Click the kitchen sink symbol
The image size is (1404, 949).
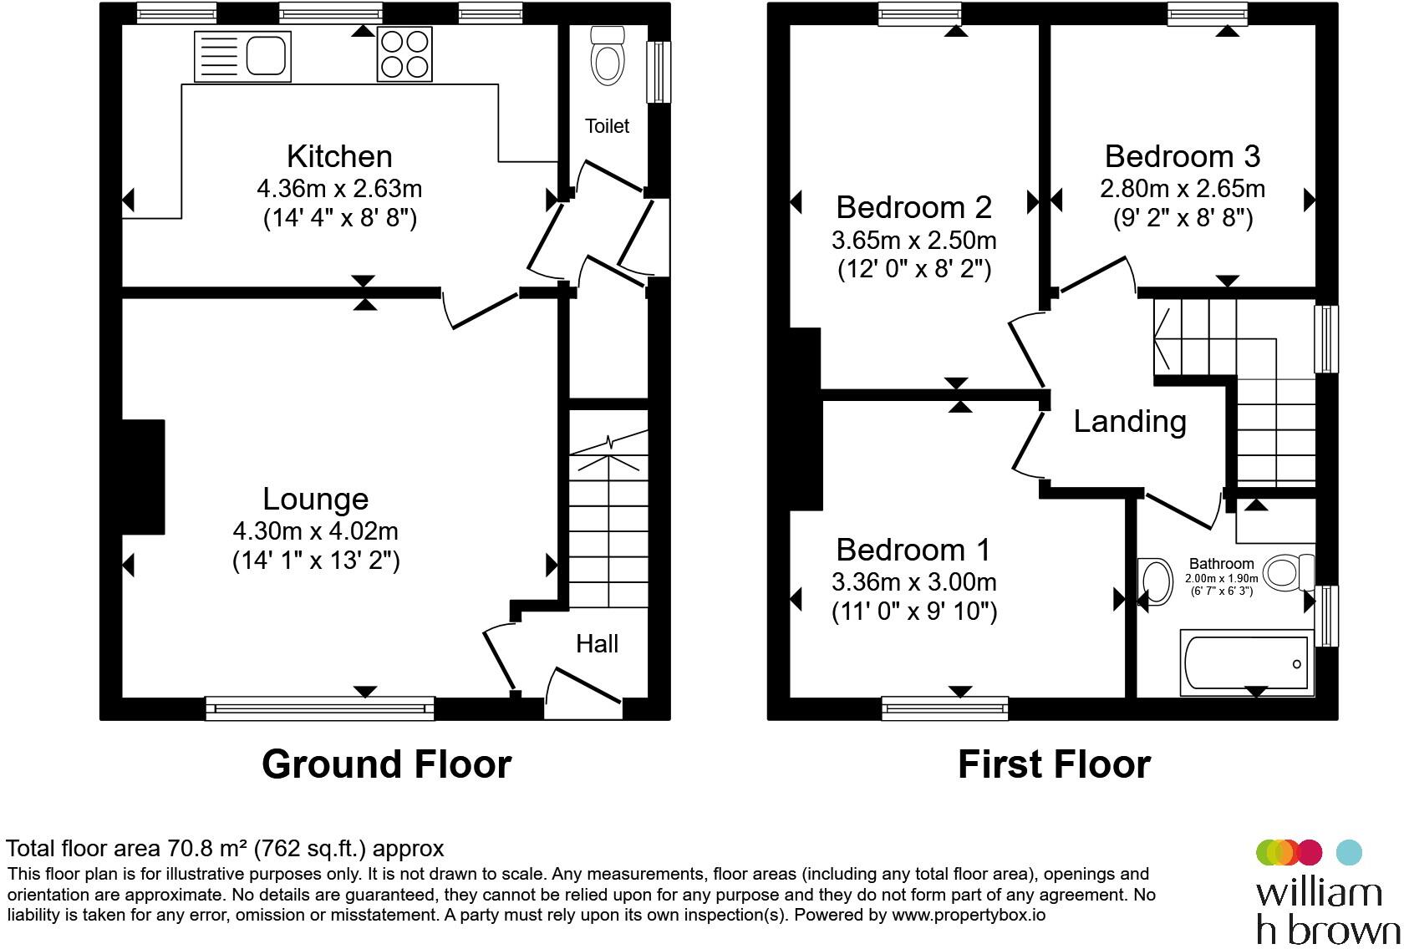[x=242, y=56]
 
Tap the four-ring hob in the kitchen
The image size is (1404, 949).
[x=404, y=54]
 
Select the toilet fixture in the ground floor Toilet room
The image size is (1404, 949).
[x=608, y=56]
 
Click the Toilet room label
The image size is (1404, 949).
[x=607, y=126]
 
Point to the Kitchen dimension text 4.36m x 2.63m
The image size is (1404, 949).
[x=339, y=188]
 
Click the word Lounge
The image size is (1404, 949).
[x=315, y=499]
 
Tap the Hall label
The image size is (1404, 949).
[x=597, y=643]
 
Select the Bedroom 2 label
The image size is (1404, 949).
[x=913, y=206]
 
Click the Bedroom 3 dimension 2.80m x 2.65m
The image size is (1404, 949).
[x=1182, y=189]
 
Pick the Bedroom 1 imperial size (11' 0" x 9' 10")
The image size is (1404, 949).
[x=914, y=612]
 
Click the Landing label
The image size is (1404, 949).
[x=1130, y=421]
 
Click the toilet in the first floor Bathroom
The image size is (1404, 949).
[x=1284, y=574]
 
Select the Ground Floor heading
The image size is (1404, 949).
[x=386, y=764]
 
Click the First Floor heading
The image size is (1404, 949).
[x=1054, y=764]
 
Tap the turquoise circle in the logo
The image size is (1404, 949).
[x=1349, y=852]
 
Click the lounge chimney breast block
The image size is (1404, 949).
[x=143, y=477]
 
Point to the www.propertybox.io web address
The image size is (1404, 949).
[x=968, y=915]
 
